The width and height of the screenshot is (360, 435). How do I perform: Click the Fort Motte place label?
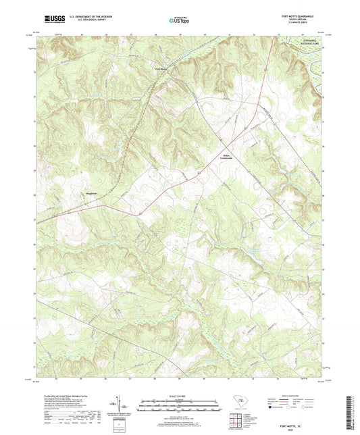coord(159,68)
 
